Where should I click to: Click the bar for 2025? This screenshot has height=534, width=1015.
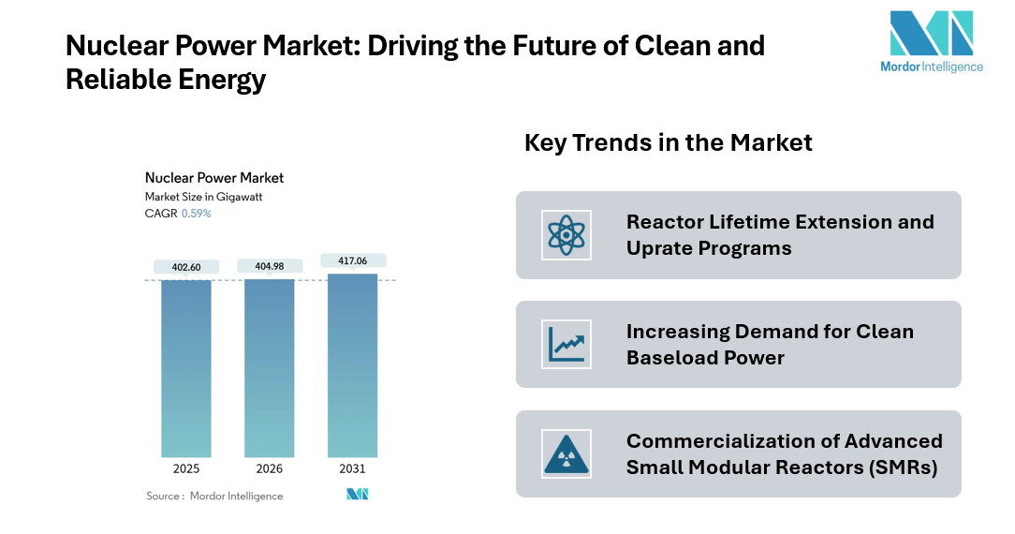(x=185, y=368)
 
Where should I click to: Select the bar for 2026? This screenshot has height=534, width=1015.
(x=270, y=368)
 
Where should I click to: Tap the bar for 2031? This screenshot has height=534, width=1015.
(x=352, y=365)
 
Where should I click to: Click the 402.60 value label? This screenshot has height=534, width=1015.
(x=185, y=267)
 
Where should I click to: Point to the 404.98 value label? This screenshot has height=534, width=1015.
(x=270, y=266)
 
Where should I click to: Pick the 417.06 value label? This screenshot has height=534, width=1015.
(x=352, y=260)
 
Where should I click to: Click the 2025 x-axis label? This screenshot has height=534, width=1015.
(x=185, y=468)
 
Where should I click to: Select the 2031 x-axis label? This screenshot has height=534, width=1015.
(x=352, y=468)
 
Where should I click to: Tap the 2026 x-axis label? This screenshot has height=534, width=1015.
(x=270, y=468)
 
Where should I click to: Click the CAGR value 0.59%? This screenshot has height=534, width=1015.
(x=196, y=214)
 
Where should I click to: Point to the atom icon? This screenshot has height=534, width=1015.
(x=566, y=235)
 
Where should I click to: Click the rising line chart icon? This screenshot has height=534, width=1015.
(x=566, y=344)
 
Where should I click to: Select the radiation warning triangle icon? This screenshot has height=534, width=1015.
(x=566, y=453)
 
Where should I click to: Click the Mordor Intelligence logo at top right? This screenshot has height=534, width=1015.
(x=932, y=41)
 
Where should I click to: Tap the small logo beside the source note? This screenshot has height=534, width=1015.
(x=357, y=495)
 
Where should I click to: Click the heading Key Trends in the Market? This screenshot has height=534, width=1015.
(x=668, y=143)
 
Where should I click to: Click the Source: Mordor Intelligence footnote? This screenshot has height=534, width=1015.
(x=214, y=496)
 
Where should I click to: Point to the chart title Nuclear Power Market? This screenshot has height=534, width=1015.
(x=214, y=178)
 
